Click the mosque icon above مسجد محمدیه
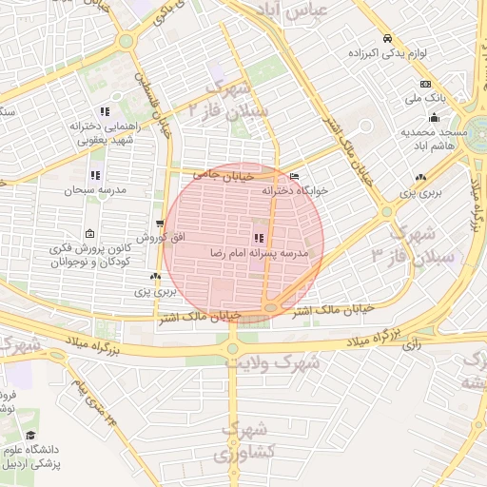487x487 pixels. coord(435,118)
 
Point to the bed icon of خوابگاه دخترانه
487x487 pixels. coord(294,177)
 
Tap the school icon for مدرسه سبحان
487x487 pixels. coord(94,175)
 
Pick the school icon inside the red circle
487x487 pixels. coord(258,238)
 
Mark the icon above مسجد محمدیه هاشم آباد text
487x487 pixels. coord(435,118)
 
